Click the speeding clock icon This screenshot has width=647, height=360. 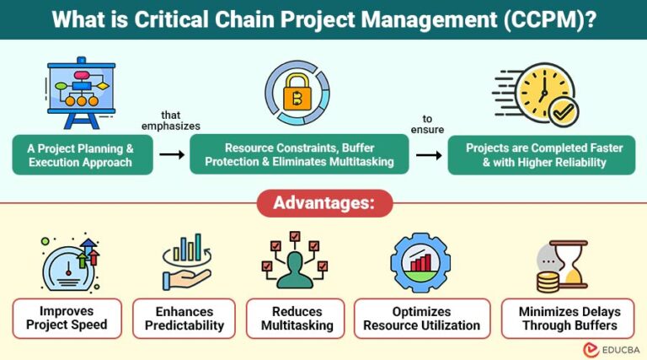(x=539, y=92)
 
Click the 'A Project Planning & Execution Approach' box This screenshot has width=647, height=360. (x=84, y=155)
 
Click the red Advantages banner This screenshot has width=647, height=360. (x=323, y=203)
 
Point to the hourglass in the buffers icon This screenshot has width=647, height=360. (x=575, y=263)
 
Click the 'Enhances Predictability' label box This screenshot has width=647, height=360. (x=184, y=318)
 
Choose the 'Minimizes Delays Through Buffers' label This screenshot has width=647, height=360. (x=557, y=318)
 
